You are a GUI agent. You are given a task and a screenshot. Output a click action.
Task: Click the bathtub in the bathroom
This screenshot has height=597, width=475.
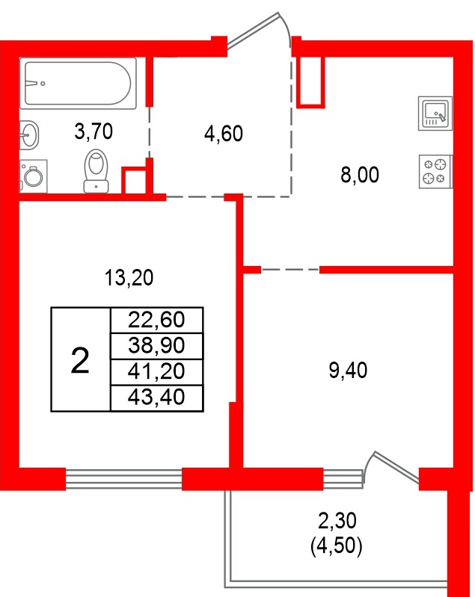(79, 83)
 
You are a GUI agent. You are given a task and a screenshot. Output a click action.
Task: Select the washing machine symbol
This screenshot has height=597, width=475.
(32, 176)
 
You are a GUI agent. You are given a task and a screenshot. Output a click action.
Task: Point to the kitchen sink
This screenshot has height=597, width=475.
(435, 114)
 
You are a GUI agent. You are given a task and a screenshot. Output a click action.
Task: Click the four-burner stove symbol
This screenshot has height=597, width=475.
(435, 170)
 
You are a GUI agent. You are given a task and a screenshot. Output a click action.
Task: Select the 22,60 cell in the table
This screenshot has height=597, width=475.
(156, 320)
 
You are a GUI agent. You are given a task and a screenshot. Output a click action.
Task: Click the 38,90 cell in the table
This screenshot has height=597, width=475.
(156, 345)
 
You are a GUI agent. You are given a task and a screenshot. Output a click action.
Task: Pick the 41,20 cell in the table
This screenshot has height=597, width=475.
(156, 371)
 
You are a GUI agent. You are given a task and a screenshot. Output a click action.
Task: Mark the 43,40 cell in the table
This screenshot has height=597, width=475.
(156, 397)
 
